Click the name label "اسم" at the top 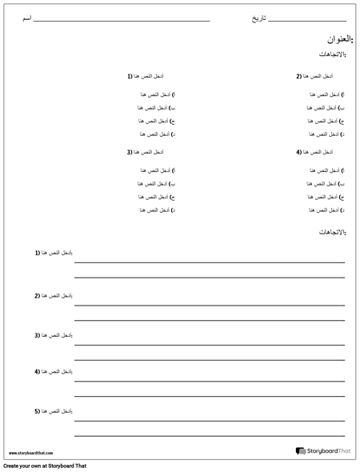tap(26, 18)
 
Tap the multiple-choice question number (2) tap(299, 77)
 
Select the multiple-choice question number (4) tap(299, 152)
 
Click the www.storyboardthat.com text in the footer tap(31, 453)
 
